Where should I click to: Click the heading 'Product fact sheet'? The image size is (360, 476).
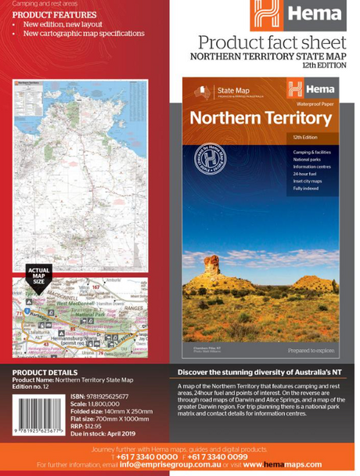[272, 42]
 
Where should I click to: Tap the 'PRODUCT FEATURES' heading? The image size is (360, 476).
[55, 15]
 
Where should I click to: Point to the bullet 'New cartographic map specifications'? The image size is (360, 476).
[83, 34]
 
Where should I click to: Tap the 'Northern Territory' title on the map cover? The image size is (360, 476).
[261, 118]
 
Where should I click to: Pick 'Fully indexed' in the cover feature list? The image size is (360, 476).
[306, 189]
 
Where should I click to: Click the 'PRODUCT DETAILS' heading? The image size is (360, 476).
[45, 373]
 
